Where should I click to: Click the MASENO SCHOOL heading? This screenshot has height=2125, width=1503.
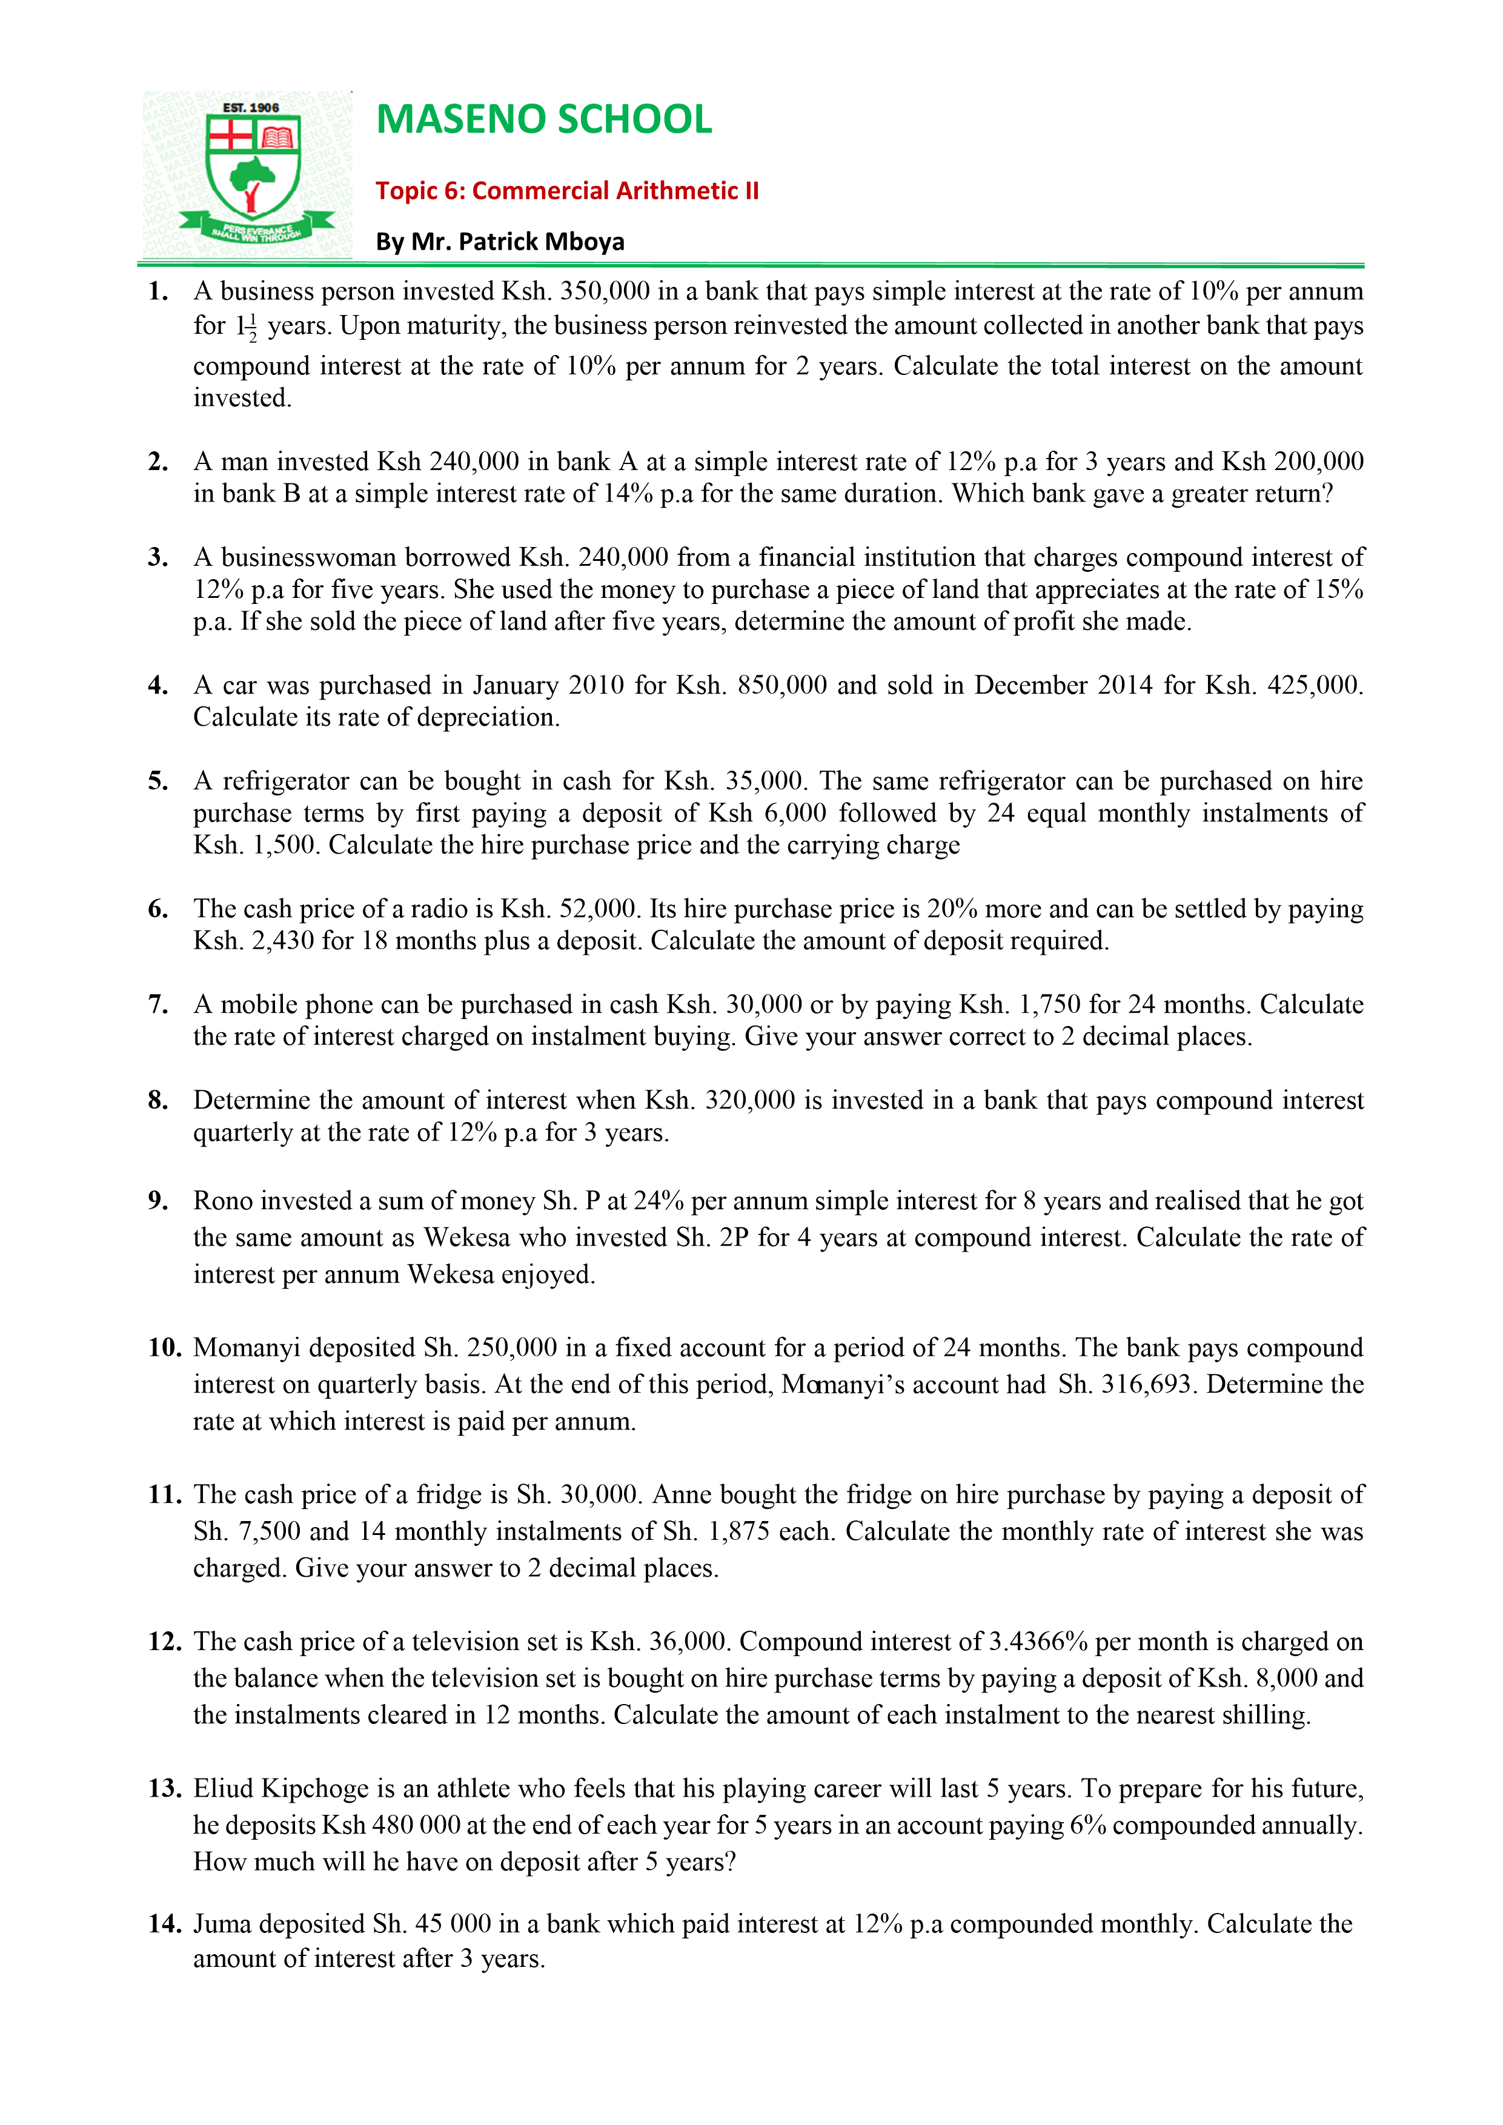coord(544,119)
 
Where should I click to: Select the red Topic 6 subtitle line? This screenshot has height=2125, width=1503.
coord(566,191)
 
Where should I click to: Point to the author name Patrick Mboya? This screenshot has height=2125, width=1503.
coord(542,242)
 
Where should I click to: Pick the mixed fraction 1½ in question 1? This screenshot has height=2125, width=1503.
coord(246,327)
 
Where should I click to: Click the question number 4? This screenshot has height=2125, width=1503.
coord(158,685)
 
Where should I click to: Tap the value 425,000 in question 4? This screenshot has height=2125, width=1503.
coord(1314,685)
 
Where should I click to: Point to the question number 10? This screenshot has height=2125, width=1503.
coord(164,1348)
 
